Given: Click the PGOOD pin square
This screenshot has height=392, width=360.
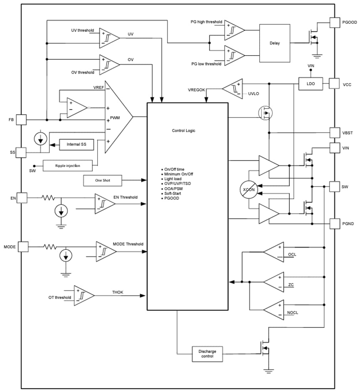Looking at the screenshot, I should [x=335, y=22].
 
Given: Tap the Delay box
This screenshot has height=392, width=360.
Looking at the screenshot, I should [x=275, y=43].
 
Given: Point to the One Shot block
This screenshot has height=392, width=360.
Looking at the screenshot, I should [x=103, y=180].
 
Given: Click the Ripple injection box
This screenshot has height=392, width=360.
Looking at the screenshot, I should [x=67, y=166].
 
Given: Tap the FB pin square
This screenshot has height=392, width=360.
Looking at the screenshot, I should [x=22, y=120].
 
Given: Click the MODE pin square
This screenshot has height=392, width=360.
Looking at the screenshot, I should [x=23, y=247].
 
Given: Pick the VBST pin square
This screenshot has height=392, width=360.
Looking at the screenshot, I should [x=335, y=133].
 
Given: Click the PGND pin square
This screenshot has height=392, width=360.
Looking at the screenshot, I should [x=335, y=223].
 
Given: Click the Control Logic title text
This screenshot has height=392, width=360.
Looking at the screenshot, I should [x=183, y=131].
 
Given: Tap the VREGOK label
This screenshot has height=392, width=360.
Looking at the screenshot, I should [x=197, y=90].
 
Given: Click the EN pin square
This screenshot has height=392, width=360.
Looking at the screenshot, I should [x=22, y=198].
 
